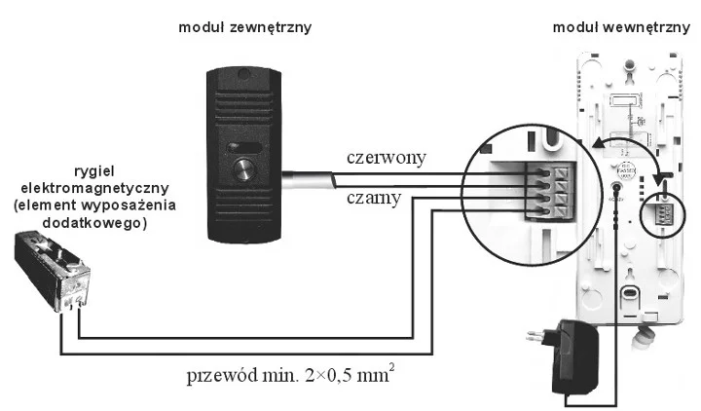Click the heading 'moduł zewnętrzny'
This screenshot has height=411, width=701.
244,27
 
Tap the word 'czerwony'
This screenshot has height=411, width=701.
387,158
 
